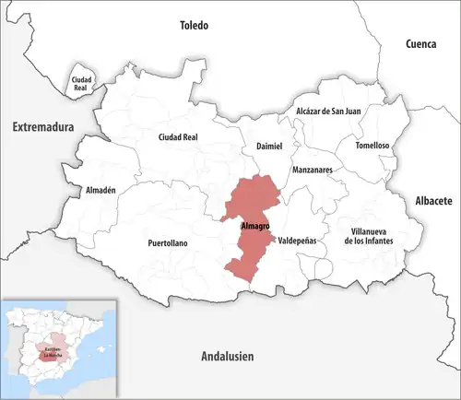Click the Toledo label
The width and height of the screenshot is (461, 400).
coord(195,25)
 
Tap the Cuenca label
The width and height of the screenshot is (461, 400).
coord(425,43)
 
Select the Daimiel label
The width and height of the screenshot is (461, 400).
coord(262,147)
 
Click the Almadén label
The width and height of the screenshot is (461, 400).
coord(100,190)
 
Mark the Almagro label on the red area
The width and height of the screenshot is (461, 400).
coord(254,226)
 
